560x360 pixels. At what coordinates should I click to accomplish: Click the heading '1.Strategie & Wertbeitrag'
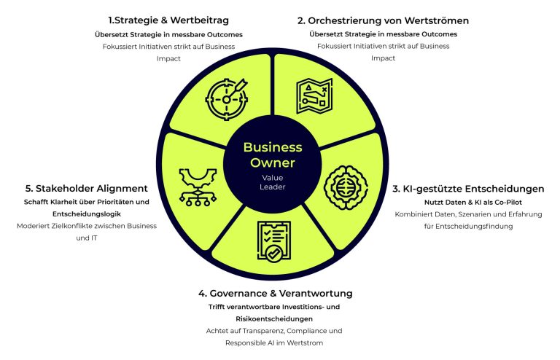click(x=168, y=20)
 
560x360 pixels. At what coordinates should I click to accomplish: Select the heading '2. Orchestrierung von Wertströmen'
click(x=383, y=20)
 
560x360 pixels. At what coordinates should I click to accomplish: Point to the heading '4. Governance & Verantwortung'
click(x=275, y=293)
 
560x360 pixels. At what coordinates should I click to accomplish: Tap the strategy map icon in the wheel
click(x=314, y=95)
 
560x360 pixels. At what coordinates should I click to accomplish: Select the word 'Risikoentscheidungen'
click(x=275, y=318)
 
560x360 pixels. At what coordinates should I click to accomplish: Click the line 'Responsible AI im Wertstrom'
click(x=275, y=343)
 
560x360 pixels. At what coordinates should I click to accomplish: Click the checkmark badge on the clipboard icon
click(x=273, y=253)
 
